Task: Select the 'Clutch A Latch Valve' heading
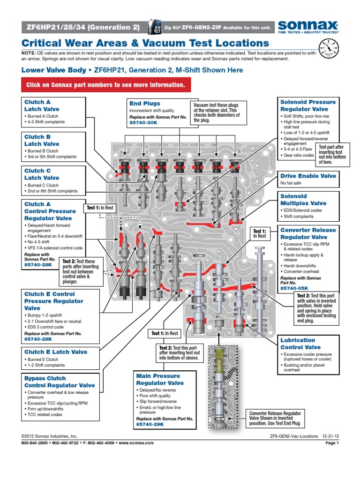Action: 42,105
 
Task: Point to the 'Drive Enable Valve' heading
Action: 308,176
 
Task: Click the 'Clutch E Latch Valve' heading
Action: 55,352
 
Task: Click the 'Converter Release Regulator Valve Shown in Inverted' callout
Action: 276,417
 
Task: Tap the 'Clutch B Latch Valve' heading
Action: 42,140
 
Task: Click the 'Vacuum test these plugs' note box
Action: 217,112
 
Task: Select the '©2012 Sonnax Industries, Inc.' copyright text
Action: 49,436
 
